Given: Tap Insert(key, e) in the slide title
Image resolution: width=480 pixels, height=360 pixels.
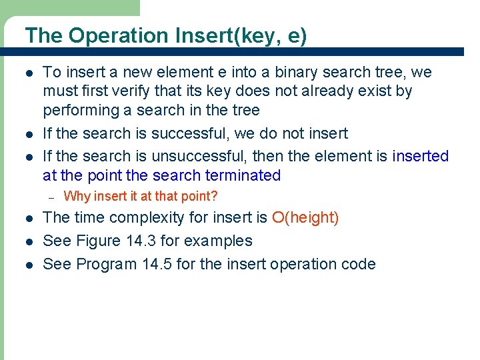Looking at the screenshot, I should tap(243, 36).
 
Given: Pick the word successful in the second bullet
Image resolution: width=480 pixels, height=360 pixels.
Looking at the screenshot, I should tap(192, 133).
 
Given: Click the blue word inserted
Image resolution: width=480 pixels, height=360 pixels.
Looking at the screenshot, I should tap(421, 156).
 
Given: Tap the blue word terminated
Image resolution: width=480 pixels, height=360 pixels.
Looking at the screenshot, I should tap(243, 175).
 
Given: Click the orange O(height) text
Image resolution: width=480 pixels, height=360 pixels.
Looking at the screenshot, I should tap(305, 218).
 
